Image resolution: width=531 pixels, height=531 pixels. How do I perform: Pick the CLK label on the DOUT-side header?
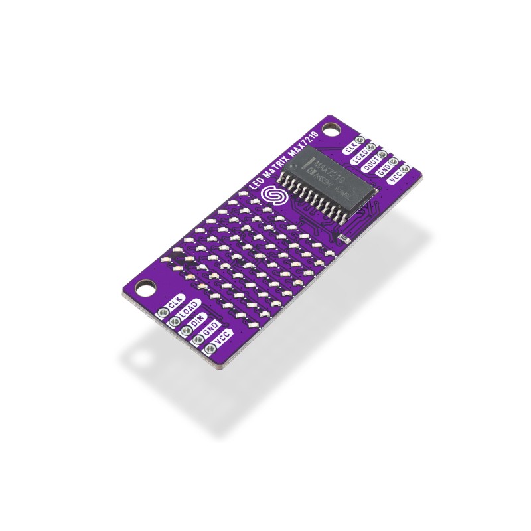pos(352,147)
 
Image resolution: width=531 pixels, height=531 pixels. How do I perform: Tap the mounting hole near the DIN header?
pos(143,289)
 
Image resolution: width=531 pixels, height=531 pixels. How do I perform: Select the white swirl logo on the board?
pos(271,196)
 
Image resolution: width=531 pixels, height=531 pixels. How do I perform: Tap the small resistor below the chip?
pos(342,237)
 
